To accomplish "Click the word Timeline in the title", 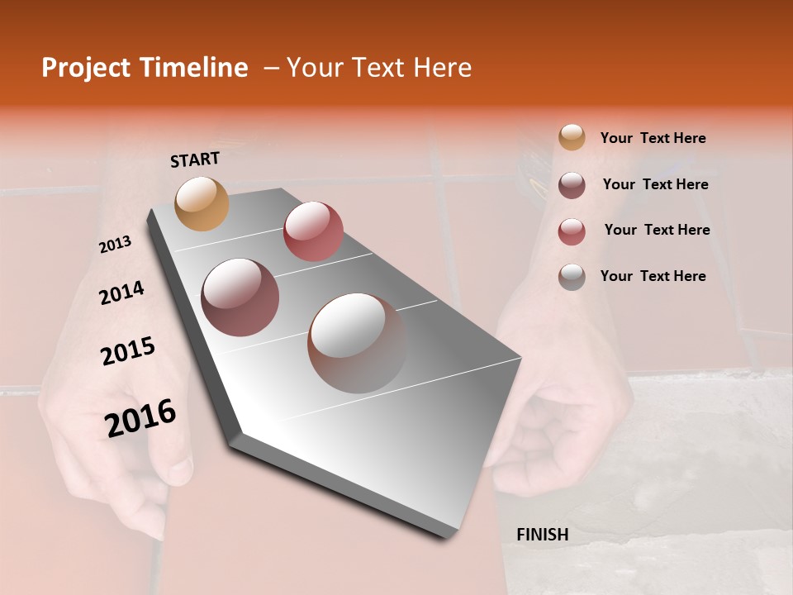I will [x=189, y=68].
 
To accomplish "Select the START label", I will [x=195, y=159].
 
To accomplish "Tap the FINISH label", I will [x=542, y=535].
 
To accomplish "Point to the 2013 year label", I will [x=115, y=245].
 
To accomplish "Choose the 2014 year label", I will [x=121, y=293].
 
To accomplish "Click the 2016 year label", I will [x=140, y=418].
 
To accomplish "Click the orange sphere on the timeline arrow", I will [x=202, y=203].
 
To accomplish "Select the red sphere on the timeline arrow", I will [x=313, y=231].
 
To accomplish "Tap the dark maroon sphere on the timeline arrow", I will [x=240, y=297].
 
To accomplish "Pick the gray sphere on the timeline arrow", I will [x=357, y=342].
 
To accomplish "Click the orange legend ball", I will [x=572, y=137].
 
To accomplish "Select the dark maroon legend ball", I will [x=572, y=184].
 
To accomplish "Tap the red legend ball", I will [x=572, y=231].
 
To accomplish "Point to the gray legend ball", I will [x=572, y=276].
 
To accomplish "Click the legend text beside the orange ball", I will [x=653, y=139].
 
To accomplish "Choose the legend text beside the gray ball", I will [x=653, y=276].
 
